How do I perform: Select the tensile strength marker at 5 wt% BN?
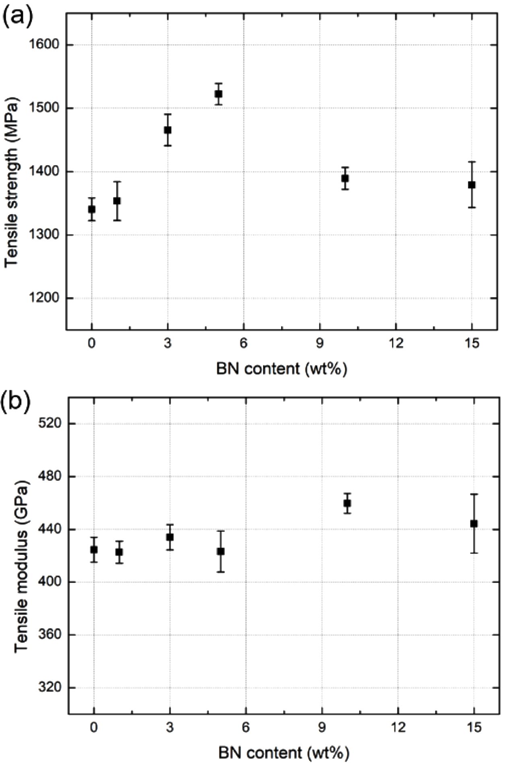coord(218,94)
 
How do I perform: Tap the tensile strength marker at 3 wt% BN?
coord(168,130)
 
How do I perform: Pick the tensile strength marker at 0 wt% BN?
coord(92,209)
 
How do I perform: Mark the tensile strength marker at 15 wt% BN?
coord(472,185)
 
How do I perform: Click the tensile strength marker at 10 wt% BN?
coord(345,178)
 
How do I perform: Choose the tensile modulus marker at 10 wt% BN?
coord(347,503)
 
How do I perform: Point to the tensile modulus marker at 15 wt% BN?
coord(474,524)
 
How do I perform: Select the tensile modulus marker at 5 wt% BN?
coord(221,551)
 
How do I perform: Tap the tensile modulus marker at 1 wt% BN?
coord(119,552)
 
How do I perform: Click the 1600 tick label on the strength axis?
coord(44,45)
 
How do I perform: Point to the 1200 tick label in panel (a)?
coord(44,298)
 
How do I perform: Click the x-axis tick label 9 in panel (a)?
coord(320,344)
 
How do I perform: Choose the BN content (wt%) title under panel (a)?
coord(282,369)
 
